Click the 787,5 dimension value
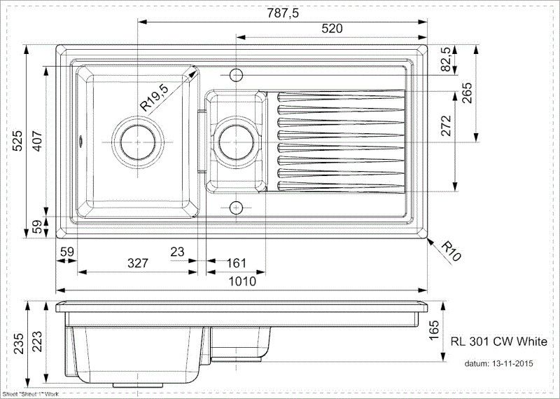coord(283,12)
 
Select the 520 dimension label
coord(332,29)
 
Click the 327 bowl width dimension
coord(137,263)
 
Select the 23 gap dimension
coord(177,250)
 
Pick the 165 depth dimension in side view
coord(434,328)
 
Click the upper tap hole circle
coord(236,74)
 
